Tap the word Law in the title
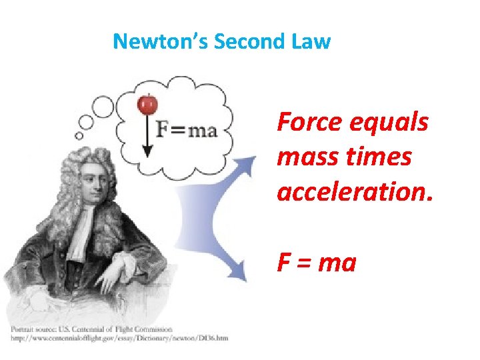311,42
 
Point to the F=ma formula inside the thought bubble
187,129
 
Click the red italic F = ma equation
317,263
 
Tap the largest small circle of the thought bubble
103,106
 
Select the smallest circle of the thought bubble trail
79,135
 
